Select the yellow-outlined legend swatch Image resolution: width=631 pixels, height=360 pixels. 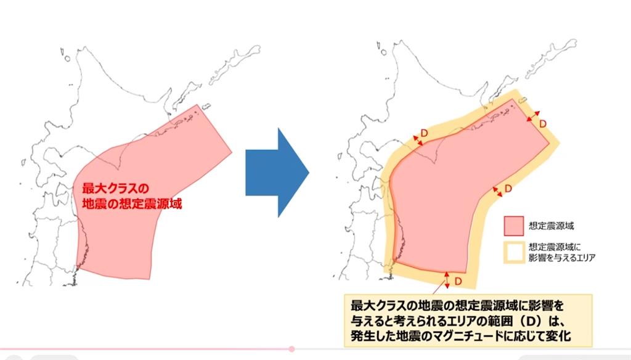click(513, 253)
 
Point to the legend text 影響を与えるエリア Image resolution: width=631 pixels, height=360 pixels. click(561, 258)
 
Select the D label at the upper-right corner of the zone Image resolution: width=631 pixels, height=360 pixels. click(543, 123)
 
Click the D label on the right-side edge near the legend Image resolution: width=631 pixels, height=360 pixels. click(508, 188)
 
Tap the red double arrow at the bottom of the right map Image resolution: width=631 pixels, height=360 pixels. click(447, 280)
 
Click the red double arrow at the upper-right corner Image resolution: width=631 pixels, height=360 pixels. click(533, 116)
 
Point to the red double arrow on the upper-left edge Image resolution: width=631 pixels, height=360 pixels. click(419, 141)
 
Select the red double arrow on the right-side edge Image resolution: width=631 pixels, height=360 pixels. click(497, 192)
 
